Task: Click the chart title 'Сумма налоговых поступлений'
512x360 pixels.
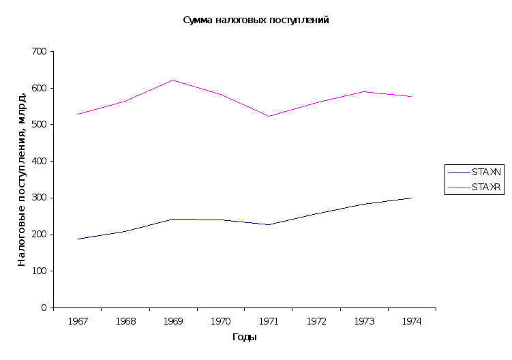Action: coord(256,20)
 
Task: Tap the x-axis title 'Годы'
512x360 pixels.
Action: coord(244,337)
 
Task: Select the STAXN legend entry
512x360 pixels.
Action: coord(474,172)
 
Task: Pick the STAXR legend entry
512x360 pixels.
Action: coord(474,187)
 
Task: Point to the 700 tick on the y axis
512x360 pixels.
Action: coord(40,52)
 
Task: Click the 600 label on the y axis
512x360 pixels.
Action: coord(40,89)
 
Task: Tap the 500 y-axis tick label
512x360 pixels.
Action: coord(40,125)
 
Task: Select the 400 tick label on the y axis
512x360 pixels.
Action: coord(40,162)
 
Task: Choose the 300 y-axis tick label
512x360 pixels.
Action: coord(40,198)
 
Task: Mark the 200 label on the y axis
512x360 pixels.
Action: coord(40,235)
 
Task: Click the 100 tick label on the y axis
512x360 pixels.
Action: coord(40,271)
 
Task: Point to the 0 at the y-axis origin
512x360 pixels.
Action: coord(44,307)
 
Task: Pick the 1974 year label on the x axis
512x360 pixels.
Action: coord(412,320)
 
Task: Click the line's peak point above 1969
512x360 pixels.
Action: coord(173,219)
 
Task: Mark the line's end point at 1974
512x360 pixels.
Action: coord(412,198)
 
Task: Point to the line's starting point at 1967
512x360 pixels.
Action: coord(78,239)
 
